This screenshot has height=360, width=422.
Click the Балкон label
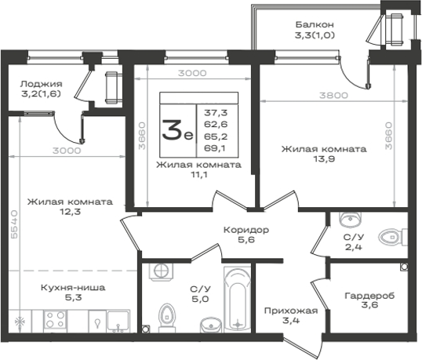click(315, 25)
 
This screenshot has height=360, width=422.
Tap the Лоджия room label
click(41, 84)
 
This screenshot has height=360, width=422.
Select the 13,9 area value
click(324, 159)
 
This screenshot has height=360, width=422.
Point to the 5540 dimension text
click(14, 224)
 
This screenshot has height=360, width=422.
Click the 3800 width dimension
click(333, 95)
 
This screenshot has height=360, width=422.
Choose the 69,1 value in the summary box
click(214, 148)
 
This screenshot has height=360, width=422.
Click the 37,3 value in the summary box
click(216, 113)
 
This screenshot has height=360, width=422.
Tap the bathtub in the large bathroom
click(238, 299)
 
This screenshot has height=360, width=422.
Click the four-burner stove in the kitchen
click(55, 320)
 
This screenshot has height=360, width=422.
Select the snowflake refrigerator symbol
click(20, 321)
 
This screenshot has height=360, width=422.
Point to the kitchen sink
click(118, 321)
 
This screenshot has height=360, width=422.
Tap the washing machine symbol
click(162, 271)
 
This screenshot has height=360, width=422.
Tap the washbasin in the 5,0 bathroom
click(211, 325)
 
